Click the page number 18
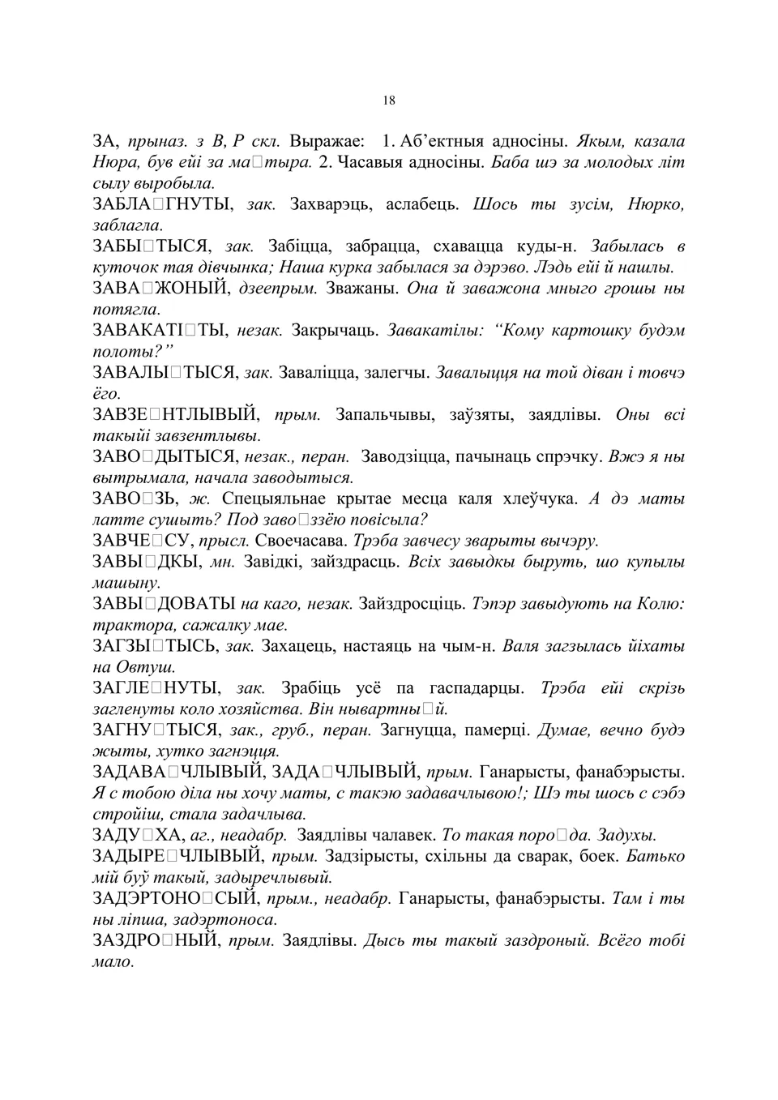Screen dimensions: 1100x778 click(x=389, y=101)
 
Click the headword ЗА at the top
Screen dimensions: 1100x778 click(x=107, y=141)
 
